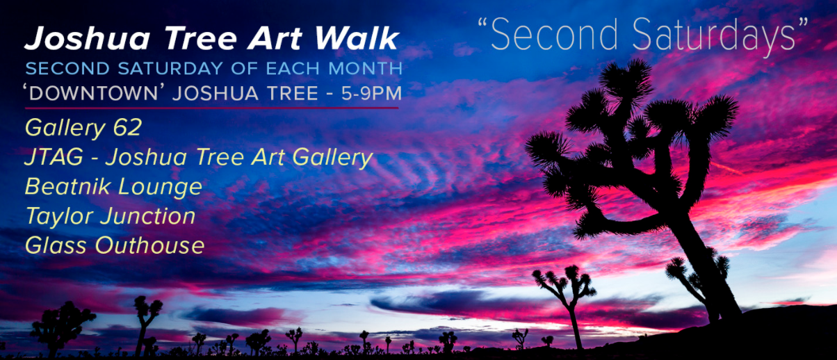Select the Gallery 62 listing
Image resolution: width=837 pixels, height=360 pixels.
[x=83, y=128]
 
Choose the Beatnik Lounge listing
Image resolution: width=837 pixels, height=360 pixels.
[x=113, y=187]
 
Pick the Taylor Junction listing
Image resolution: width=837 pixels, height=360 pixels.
[x=110, y=216]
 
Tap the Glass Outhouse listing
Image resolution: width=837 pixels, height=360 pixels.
[x=115, y=245]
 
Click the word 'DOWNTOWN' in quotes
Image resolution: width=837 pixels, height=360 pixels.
[x=97, y=93]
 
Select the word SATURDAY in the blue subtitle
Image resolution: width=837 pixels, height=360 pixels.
[x=157, y=69]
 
